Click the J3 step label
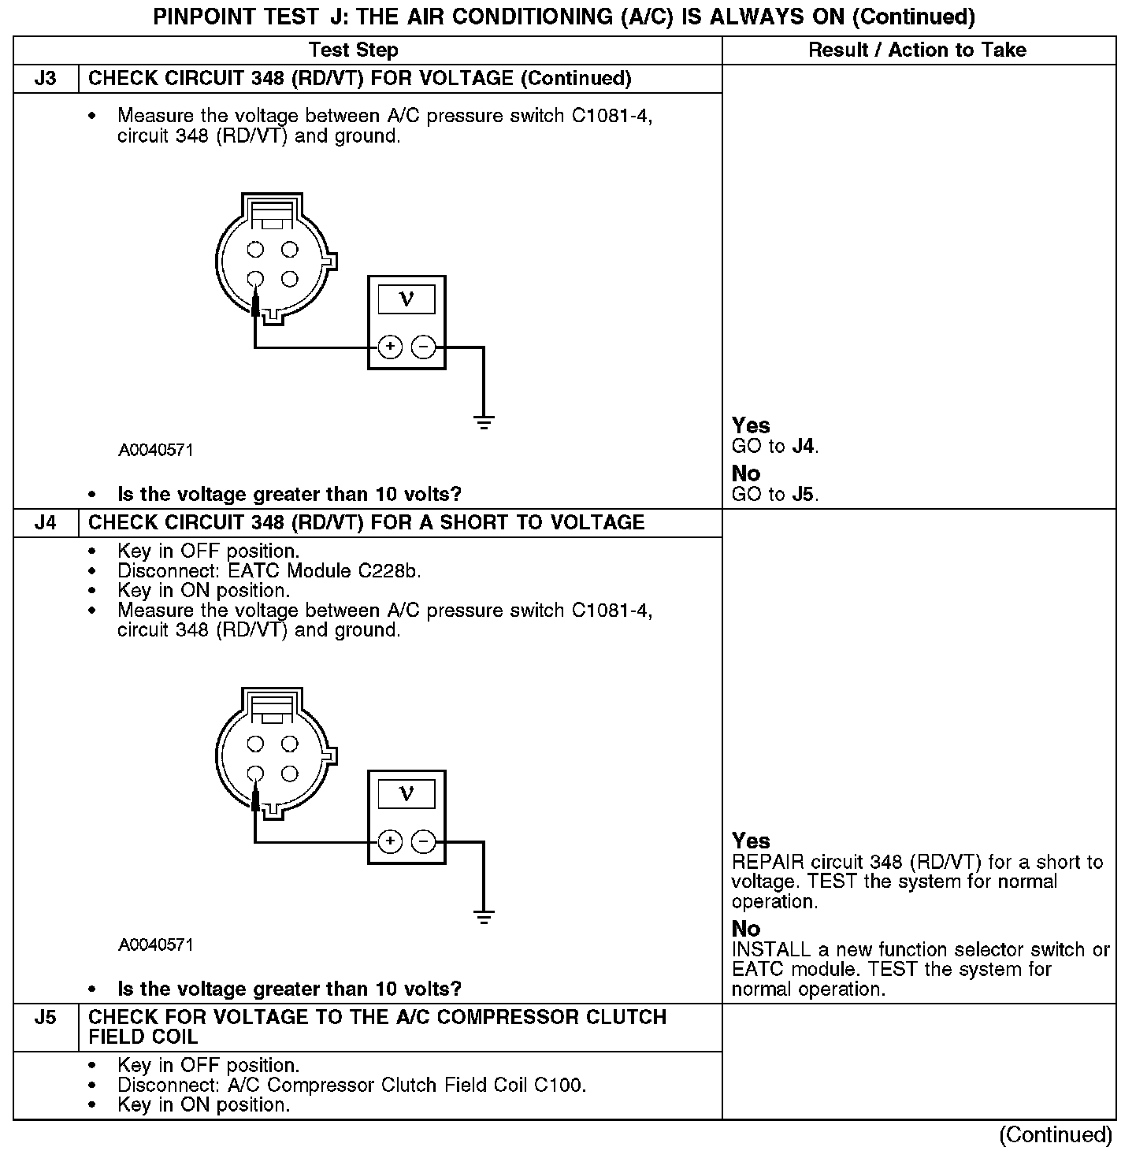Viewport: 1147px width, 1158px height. coord(46,79)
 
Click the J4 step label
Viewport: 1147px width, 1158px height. coord(46,523)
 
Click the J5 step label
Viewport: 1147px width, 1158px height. coord(46,1018)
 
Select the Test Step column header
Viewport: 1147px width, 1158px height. coord(353,50)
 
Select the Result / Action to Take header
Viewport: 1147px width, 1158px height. coord(917,50)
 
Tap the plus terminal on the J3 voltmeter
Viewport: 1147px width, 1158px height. coord(390,347)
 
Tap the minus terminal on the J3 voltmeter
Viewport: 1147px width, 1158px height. coord(424,347)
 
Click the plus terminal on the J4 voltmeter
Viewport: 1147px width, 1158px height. coord(390,841)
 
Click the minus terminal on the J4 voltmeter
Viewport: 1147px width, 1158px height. coord(424,841)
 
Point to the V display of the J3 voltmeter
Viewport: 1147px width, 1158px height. coord(406,299)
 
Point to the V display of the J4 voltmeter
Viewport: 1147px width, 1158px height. coord(406,793)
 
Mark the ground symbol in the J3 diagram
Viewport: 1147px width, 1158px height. coord(484,422)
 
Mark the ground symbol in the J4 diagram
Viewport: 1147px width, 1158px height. coord(484,916)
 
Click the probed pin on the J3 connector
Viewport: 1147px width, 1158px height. coord(255,279)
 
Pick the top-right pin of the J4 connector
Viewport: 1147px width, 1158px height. coord(290,744)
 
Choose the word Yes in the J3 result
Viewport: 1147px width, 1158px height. coord(751,425)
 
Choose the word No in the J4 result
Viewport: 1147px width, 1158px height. coord(746,929)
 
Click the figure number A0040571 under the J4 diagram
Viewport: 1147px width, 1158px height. coord(156,945)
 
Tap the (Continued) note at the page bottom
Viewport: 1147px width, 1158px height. coord(1056,1135)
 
